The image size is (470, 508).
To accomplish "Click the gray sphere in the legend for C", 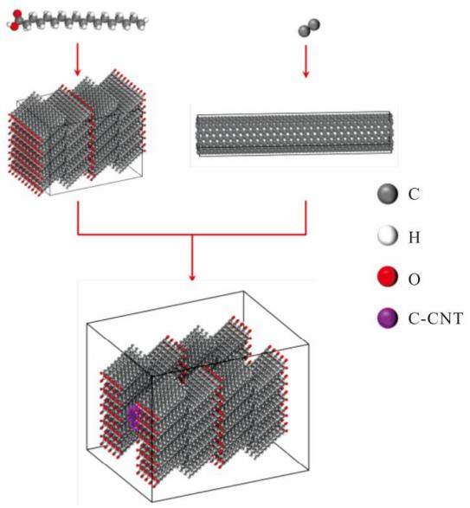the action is tap(388, 194).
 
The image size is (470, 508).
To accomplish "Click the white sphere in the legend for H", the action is tap(388, 236).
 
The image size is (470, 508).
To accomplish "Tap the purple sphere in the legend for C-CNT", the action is tap(388, 318).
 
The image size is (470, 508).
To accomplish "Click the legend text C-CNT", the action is tap(435, 318).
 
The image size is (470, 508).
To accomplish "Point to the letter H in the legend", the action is tap(415, 237).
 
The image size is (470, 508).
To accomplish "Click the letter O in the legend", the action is tap(415, 279).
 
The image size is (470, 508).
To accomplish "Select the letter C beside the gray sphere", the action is tap(414, 194).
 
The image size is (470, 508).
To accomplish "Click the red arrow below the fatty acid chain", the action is tap(77, 60).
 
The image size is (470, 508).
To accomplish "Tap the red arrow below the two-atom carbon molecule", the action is tap(306, 61).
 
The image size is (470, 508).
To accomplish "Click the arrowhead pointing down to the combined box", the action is tap(192, 277).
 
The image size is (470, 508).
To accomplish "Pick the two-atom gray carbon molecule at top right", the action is tap(309, 28).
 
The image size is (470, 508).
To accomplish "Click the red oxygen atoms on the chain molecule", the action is tap(16, 20).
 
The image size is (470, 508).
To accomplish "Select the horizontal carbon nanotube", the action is tap(294, 134).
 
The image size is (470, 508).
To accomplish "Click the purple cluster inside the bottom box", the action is tap(133, 415).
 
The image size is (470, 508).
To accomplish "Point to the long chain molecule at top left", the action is tap(79, 21).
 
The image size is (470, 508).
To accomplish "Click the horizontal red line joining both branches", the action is tap(192, 234).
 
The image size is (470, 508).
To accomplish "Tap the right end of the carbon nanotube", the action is tap(392, 134).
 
